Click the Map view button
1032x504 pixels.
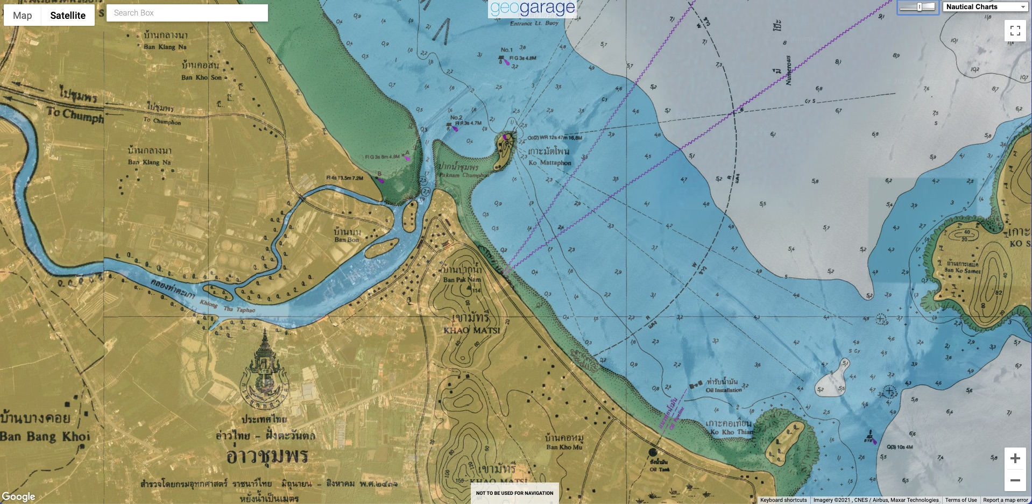[x=23, y=16]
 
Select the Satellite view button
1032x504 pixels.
[x=68, y=16]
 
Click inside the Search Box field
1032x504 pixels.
[x=187, y=13]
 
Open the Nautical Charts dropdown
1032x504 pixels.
[x=985, y=7]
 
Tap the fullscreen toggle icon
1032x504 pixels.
[x=1015, y=31]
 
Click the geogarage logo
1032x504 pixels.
[x=532, y=8]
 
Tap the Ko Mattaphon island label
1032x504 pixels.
[x=549, y=162]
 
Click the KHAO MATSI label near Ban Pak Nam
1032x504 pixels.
[x=471, y=330]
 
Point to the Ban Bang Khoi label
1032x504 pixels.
[x=45, y=436]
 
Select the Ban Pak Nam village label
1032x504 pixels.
[x=462, y=280]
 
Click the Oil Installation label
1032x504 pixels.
[x=723, y=390]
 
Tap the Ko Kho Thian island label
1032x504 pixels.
[x=732, y=431]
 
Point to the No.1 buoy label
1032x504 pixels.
[x=506, y=49]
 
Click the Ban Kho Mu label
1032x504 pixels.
[x=564, y=447]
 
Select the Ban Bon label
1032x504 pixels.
[x=347, y=240]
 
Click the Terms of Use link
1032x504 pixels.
[x=960, y=500]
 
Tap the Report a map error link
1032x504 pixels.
[x=1005, y=500]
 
